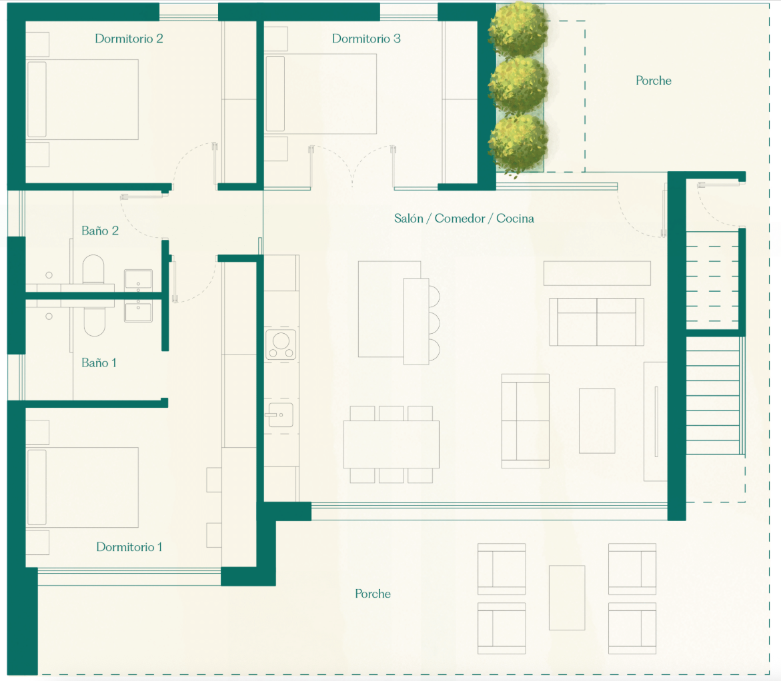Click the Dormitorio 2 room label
point(129,39)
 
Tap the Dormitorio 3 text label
point(366,39)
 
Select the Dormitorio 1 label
point(129,547)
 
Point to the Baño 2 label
point(99,231)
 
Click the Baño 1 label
point(99,363)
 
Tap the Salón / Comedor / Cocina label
point(464,219)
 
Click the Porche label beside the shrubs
point(654,81)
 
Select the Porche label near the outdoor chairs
point(373,594)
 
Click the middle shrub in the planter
point(518,85)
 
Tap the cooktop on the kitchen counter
point(281,344)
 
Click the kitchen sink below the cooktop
point(280,414)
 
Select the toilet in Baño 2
point(93,271)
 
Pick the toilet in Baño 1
point(95,322)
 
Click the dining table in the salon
point(391,444)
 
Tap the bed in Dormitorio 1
point(82,487)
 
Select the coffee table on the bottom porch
point(567,598)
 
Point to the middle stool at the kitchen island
point(434,323)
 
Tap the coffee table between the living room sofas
point(597,421)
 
